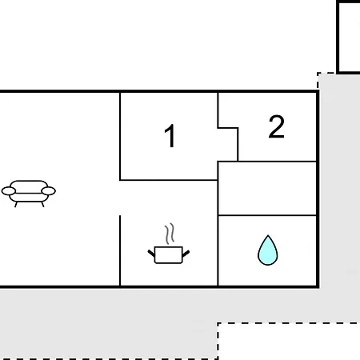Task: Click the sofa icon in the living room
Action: [29, 194]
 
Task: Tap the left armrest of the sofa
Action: [9, 191]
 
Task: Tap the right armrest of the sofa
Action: [49, 191]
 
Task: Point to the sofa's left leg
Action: [16, 205]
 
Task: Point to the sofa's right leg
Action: [42, 205]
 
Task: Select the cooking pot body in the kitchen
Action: [169, 255]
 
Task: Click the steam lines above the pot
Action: [170, 234]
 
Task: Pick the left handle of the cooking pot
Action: [151, 253]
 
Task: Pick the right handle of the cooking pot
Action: [186, 254]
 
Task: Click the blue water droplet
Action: [268, 250]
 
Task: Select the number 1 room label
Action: [170, 135]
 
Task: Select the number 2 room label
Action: [276, 126]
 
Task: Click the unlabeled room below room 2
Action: [267, 188]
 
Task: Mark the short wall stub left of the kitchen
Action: [120, 250]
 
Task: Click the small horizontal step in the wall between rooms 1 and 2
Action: [228, 128]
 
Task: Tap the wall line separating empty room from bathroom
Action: [267, 215]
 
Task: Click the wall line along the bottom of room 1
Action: [169, 180]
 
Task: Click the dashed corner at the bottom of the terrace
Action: [218, 323]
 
